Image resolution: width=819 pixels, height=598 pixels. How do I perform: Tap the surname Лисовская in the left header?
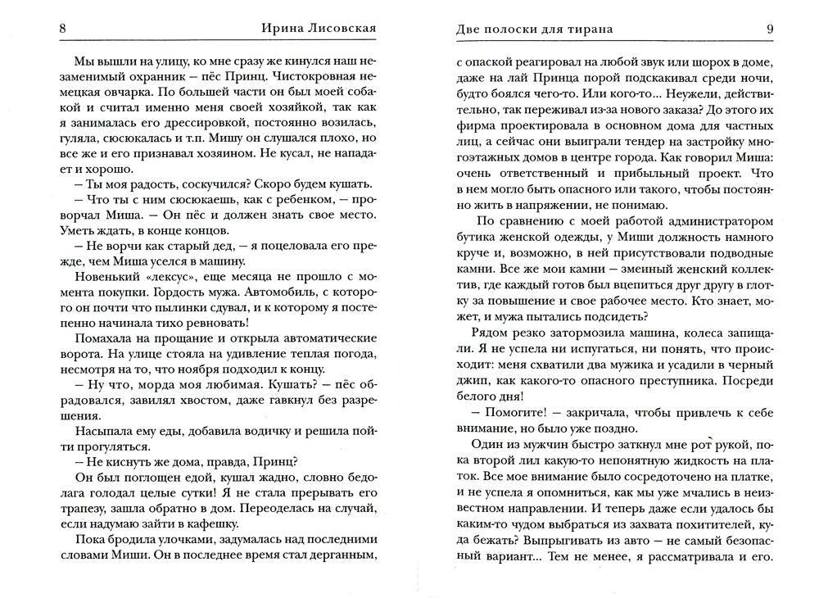[x=337, y=29]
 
